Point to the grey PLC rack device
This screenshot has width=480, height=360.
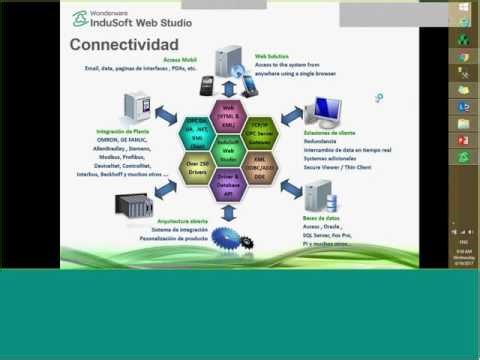[x=135, y=206]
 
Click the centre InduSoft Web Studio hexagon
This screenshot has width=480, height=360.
[x=227, y=152]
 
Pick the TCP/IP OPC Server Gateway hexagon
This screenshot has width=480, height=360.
[x=260, y=130]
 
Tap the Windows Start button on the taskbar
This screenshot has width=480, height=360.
[x=463, y=7]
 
